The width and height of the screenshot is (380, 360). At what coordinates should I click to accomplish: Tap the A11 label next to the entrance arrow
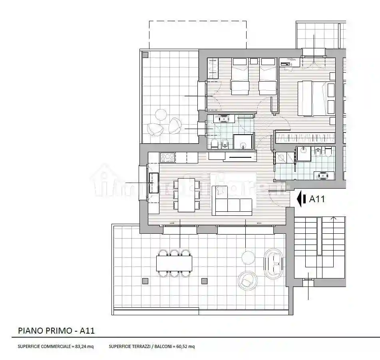[x=317, y=199]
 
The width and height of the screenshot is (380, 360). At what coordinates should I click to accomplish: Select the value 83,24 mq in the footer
[x=84, y=346]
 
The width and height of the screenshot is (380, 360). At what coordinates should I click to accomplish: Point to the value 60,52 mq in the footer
[x=185, y=346]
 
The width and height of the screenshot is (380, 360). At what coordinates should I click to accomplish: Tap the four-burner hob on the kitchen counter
[x=167, y=157]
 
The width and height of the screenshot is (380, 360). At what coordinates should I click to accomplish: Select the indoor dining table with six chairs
[x=186, y=195]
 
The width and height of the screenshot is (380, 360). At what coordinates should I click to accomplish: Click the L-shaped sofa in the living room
[x=232, y=201]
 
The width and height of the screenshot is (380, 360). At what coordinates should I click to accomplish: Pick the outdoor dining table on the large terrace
[x=174, y=263]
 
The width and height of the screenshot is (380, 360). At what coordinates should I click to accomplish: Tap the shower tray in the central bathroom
[x=242, y=141]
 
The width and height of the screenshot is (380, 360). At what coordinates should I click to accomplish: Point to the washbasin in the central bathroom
[x=222, y=119]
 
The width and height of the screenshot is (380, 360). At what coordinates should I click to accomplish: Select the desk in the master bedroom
[x=289, y=63]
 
